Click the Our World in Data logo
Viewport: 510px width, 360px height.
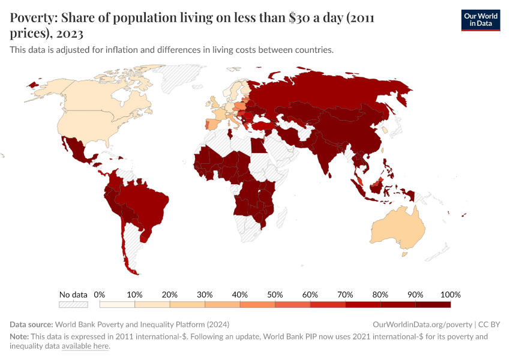pos(480,20)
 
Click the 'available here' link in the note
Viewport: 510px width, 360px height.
pos(85,346)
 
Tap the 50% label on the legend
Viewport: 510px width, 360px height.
pos(275,295)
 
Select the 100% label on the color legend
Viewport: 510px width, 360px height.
pos(451,295)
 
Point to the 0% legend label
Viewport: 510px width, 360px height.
pos(100,295)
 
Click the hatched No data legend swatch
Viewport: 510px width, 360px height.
pos(73,305)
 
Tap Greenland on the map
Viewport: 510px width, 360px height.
pos(180,78)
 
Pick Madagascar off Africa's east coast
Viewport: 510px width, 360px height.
pos(280,216)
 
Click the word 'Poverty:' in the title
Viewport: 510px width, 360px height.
pos(32,19)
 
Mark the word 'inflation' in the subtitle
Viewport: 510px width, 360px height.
pos(113,50)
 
